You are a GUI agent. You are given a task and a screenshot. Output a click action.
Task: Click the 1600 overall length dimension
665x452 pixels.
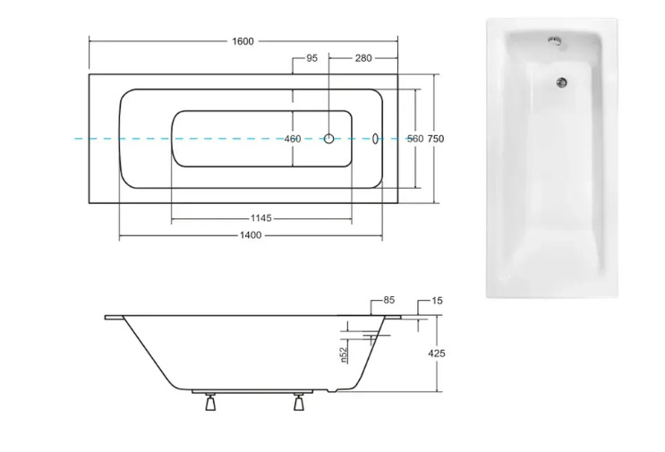point(243,41)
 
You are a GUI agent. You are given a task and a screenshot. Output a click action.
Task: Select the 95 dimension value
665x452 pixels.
point(311,58)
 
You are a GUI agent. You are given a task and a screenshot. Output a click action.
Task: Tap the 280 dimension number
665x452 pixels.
point(363,58)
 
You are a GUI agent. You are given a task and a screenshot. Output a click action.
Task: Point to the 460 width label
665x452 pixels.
point(293,139)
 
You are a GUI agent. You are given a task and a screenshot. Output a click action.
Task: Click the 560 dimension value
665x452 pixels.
point(415,139)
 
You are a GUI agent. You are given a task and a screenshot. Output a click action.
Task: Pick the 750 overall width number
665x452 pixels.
point(436,139)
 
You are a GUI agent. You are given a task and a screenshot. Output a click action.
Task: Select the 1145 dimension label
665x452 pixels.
point(260,217)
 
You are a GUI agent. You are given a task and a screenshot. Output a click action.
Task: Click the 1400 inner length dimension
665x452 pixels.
point(251,235)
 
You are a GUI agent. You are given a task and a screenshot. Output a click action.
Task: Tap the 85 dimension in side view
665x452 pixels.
point(389,300)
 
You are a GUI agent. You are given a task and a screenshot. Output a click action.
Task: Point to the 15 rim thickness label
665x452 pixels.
point(437,301)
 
